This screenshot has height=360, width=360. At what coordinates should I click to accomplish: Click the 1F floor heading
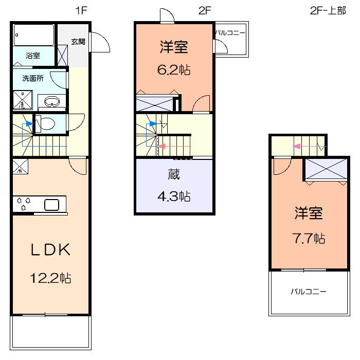81,10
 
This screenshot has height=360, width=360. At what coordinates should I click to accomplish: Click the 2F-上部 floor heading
328,11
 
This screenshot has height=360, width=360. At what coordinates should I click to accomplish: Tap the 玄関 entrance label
78,42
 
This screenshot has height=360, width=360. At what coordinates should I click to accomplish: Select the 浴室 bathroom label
33,56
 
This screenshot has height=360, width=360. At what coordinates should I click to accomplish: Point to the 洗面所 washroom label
33,78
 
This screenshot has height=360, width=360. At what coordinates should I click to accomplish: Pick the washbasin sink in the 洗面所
52,101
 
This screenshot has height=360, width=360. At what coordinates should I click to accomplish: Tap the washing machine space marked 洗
23,100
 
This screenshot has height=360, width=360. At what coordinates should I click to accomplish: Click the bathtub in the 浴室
34,35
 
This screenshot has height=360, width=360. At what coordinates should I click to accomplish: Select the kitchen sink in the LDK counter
51,205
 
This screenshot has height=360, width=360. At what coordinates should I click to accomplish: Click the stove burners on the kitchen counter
24,204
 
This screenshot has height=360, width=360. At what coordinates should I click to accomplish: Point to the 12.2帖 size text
50,278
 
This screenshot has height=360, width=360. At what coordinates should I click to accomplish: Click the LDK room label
50,249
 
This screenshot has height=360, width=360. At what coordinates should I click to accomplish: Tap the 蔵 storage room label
174,174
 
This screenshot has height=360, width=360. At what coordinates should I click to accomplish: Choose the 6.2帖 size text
174,70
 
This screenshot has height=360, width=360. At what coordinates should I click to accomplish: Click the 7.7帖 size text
309,238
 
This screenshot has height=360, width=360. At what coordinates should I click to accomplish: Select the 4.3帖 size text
174,196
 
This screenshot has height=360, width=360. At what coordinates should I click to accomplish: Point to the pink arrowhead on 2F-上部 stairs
296,146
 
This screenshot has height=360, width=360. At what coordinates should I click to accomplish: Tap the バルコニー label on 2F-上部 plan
309,292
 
